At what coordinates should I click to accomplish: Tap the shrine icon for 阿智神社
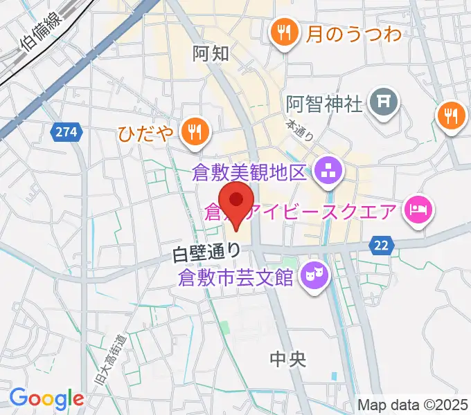tap(384, 103)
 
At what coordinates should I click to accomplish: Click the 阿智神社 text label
tap(324, 104)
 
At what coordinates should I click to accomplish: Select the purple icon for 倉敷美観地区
tap(326, 171)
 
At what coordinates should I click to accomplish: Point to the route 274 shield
tap(66, 130)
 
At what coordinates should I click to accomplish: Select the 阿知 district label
tap(211, 53)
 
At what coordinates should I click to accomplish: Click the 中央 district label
tap(287, 358)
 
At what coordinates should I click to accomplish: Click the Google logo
tap(46, 398)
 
